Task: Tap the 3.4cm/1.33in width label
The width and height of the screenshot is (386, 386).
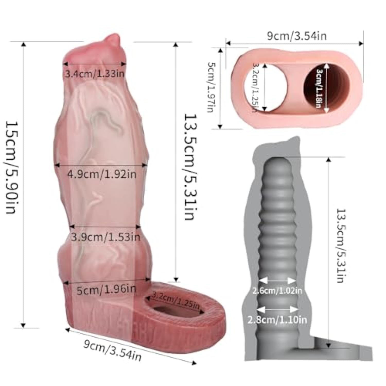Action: tap(94, 74)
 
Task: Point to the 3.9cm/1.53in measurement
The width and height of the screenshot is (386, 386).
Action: tap(106, 237)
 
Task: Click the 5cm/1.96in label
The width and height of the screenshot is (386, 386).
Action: tap(106, 290)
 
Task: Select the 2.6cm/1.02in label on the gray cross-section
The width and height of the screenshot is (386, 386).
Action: tap(277, 291)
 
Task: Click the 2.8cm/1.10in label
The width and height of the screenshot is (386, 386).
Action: tap(277, 320)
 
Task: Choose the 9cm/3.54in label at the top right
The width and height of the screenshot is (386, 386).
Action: tap(296, 36)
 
